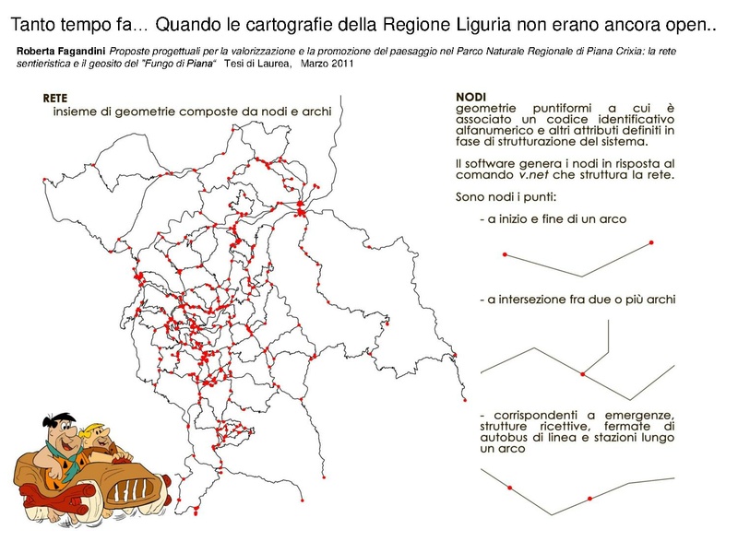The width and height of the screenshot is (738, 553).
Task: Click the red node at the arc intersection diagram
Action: coord(582,373)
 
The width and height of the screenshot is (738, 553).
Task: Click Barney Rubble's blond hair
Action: coord(103,426)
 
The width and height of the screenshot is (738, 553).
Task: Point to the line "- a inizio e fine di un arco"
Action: coord(553,219)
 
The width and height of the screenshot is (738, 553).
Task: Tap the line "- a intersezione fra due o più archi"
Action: coord(578,300)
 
